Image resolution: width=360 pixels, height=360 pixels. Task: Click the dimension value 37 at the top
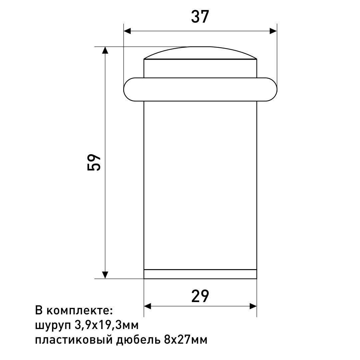(200, 17)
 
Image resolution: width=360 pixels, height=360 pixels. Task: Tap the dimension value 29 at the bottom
(200, 296)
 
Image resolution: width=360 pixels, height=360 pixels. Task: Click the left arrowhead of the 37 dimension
(127, 31)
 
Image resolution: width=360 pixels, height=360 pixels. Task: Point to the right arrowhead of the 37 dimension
(273, 31)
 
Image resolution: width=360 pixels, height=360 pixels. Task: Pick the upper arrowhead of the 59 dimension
(105, 50)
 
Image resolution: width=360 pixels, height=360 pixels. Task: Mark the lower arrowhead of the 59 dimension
(105, 275)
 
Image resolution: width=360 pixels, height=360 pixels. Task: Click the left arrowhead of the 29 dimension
(148, 306)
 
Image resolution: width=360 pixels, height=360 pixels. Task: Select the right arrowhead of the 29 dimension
(253, 306)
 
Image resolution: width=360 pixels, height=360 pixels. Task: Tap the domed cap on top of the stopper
(200, 53)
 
